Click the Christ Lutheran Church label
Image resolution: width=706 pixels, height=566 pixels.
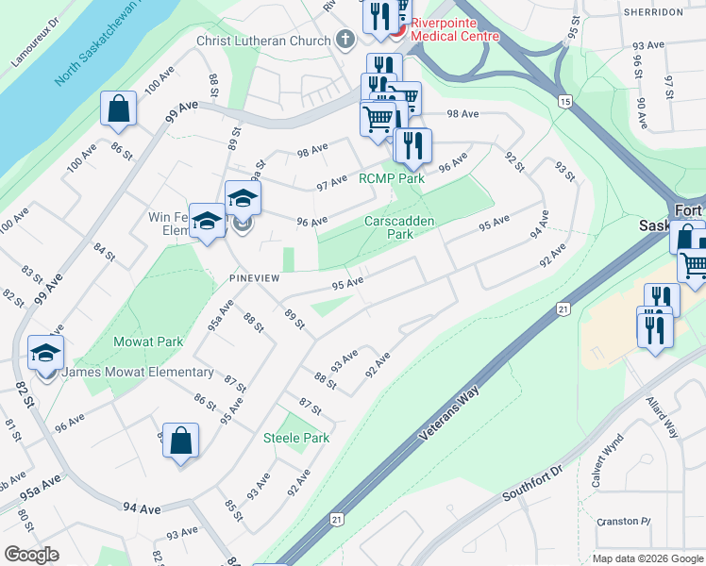263,41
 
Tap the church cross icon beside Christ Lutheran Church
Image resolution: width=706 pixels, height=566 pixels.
345,41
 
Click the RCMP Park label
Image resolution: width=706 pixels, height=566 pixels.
391,178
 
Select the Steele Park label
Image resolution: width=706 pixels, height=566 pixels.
296,438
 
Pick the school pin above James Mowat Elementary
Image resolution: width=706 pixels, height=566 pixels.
45,354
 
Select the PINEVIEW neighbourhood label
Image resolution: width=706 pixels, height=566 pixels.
255,279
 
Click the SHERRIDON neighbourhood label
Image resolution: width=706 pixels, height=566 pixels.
650,12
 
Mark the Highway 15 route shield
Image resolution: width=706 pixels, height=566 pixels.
564,101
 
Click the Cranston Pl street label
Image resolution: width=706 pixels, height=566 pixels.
624,522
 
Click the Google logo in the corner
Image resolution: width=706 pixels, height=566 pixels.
31,554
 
